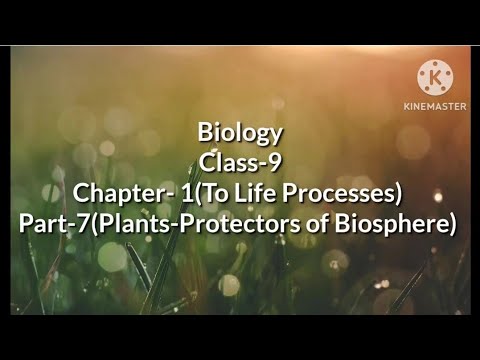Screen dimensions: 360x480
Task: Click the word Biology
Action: [x=241, y=133]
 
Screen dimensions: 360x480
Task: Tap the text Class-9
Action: [x=241, y=163]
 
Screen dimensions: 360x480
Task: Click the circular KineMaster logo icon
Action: [x=434, y=76]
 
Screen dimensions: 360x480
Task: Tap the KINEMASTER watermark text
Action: [x=434, y=105]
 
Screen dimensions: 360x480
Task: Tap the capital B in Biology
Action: [x=206, y=133]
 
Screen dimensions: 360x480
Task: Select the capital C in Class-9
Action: [x=207, y=163]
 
